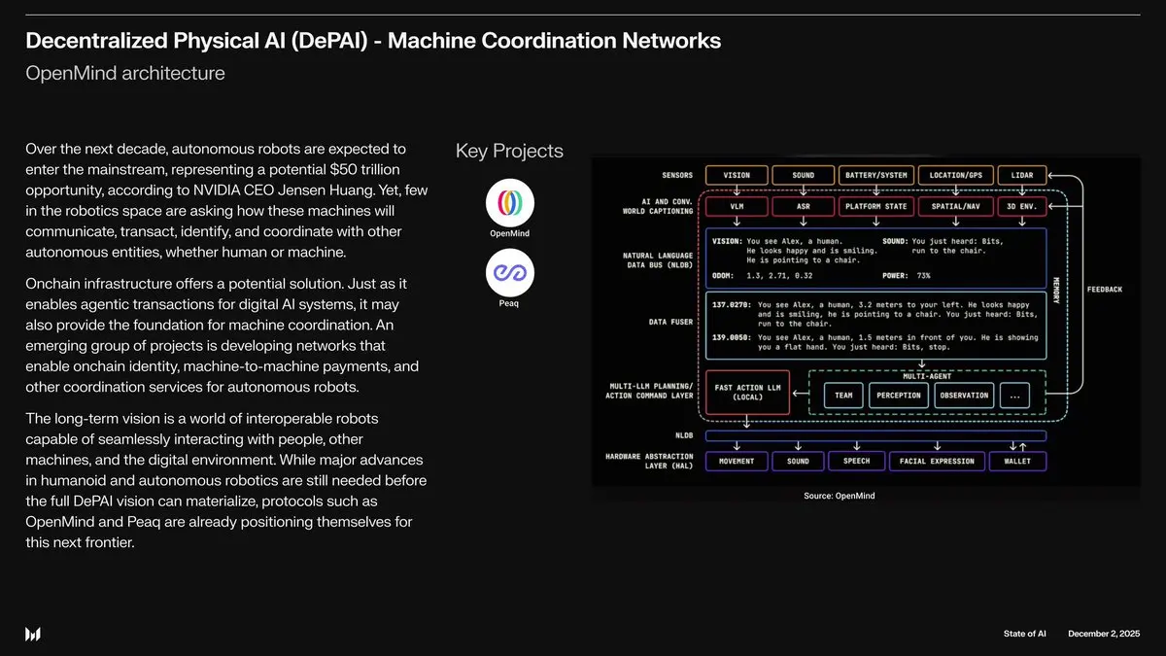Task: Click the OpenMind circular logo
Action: coord(509,202)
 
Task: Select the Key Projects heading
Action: coord(509,151)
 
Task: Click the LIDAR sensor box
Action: coord(1021,176)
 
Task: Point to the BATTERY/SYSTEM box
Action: coord(875,176)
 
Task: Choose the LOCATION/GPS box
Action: coord(954,176)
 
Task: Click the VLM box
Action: coord(737,206)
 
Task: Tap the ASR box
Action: coord(804,206)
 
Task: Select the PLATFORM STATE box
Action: coord(875,206)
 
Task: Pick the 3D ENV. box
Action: coord(1021,206)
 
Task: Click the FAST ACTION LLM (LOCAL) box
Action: coord(747,392)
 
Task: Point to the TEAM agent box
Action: coord(843,396)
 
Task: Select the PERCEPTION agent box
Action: coord(899,396)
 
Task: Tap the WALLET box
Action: coord(1016,461)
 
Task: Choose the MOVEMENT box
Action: coord(737,461)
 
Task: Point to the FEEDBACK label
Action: coord(1103,290)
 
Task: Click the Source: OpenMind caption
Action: coord(839,496)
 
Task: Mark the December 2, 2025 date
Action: coord(1103,635)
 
